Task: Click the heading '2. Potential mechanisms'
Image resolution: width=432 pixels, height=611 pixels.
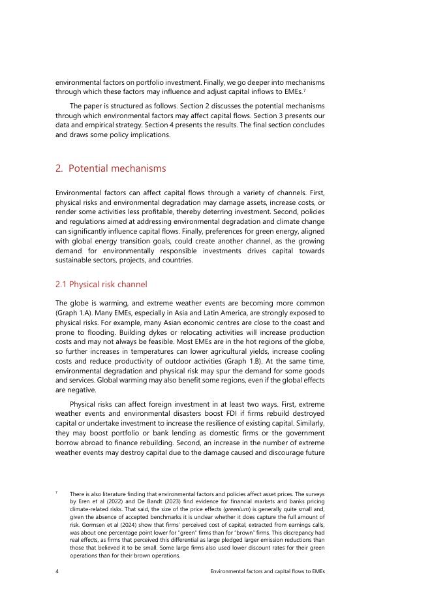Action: (x=111, y=168)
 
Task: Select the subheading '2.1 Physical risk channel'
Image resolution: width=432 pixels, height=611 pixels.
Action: (x=101, y=284)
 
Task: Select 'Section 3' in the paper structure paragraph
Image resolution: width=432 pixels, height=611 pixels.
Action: (x=272, y=116)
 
